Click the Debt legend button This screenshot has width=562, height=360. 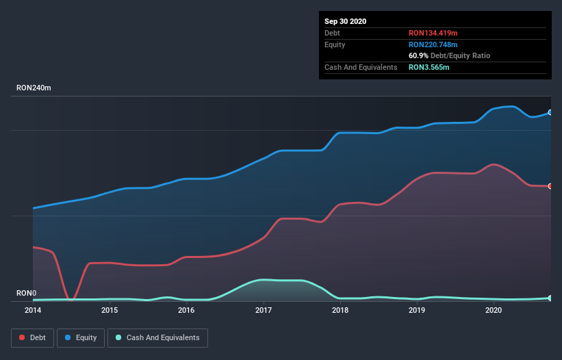pos(33,337)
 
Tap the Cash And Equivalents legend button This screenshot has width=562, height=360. pos(157,337)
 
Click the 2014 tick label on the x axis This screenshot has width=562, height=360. pos(33,310)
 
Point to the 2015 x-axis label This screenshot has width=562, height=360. pos(110,310)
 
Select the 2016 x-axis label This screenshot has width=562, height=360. pos(186,310)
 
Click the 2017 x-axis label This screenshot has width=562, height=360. pos(263,310)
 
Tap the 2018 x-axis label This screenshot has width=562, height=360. pos(340,310)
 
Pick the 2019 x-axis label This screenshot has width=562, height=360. pos(417,310)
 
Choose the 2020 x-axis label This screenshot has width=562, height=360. pos(494,310)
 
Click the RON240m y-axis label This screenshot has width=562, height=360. pos(34,88)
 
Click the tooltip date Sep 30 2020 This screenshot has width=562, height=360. pos(345,21)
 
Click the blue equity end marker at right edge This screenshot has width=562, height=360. pos(550,112)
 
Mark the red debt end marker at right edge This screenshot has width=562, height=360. pos(550,186)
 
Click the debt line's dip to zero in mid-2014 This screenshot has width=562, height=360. pos(71,299)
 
